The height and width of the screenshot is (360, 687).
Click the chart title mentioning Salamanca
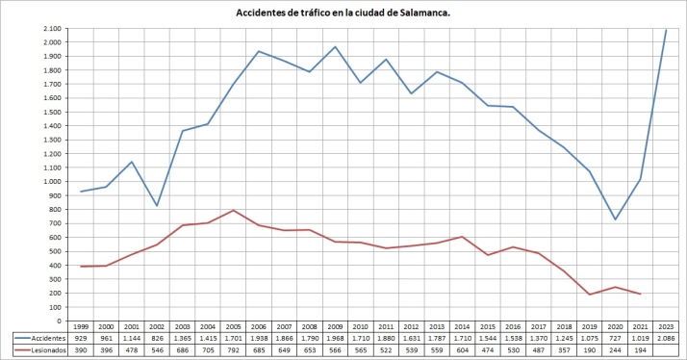pos(343,13)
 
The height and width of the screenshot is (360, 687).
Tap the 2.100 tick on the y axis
pos(48,28)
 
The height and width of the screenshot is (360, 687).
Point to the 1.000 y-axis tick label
pos(48,181)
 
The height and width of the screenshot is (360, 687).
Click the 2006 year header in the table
pos(259,327)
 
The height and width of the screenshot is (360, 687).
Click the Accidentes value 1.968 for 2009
pos(334,338)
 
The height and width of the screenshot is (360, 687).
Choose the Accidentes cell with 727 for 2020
pos(614,338)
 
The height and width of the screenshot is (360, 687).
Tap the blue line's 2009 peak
pos(334,46)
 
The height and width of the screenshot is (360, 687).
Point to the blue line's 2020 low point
pos(614,219)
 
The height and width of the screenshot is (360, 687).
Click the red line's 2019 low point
pos(589,294)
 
